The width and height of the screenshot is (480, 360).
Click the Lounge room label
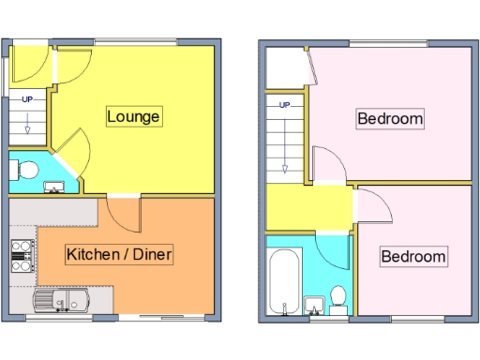click(x=134, y=116)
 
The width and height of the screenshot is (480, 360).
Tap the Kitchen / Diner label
click(x=119, y=254)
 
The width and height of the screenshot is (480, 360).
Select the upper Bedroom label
click(x=390, y=119)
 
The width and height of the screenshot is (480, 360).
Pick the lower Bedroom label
click(x=412, y=256)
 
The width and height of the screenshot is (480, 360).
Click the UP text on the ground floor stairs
click(x=27, y=99)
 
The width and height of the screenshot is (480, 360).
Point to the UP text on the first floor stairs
click(x=283, y=105)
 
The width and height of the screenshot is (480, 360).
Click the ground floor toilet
click(x=26, y=171)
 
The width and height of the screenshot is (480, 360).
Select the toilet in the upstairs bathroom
click(x=338, y=300)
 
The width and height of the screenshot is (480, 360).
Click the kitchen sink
click(x=61, y=302)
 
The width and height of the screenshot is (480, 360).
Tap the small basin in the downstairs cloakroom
click(x=54, y=187)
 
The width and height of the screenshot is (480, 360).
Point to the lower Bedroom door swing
click(x=368, y=205)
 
